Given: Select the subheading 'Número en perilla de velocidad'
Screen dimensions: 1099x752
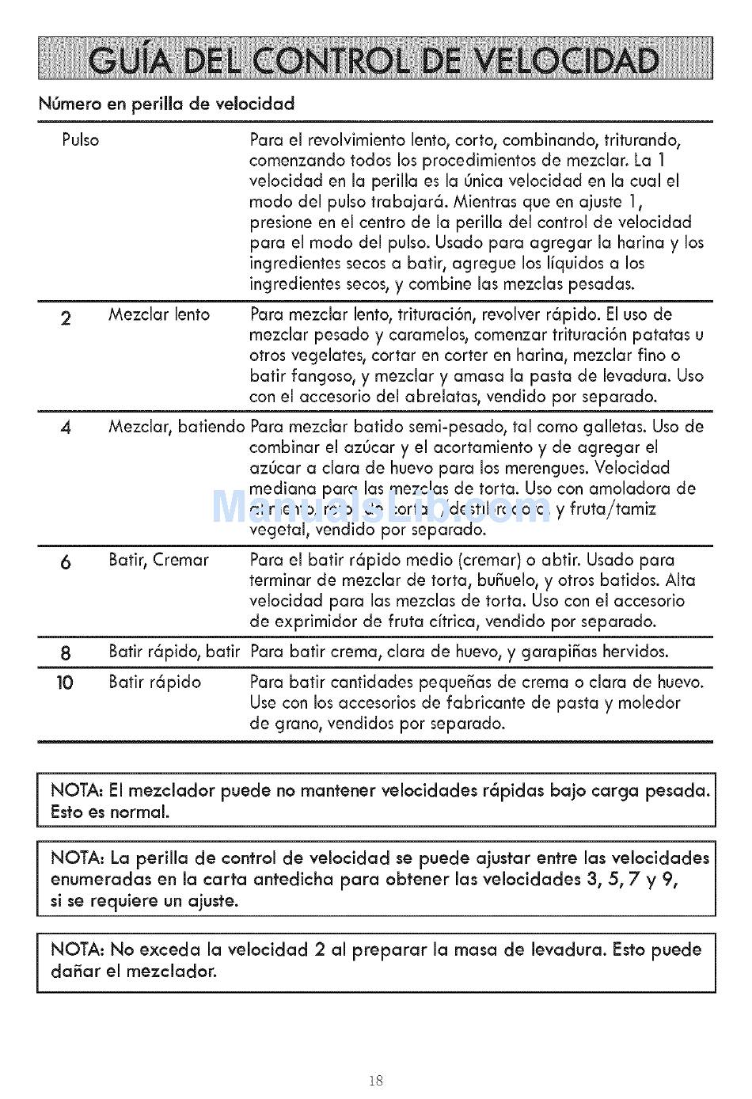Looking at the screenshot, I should (166, 104).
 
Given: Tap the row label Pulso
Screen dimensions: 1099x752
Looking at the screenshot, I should (80, 140).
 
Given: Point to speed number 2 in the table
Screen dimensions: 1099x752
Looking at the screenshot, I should (66, 319).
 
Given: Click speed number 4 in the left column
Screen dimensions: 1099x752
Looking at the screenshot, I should (66, 428).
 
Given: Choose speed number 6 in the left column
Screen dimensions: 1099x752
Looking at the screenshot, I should (66, 563).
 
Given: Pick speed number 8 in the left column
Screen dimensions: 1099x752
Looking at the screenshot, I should (66, 653).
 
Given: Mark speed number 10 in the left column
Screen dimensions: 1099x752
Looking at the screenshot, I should (65, 683).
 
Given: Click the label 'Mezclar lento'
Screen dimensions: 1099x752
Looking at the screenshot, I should (159, 315).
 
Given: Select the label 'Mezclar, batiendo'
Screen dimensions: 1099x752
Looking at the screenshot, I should (177, 428).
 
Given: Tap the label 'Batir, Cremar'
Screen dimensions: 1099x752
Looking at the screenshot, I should (158, 561).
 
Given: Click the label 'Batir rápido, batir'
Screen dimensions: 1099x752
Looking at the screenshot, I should (174, 652).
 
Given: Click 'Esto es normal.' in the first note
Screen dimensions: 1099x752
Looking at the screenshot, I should (110, 812).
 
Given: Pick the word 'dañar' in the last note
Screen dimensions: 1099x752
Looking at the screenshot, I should (73, 971).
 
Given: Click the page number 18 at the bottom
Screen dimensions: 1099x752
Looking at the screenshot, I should (376, 1081).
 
